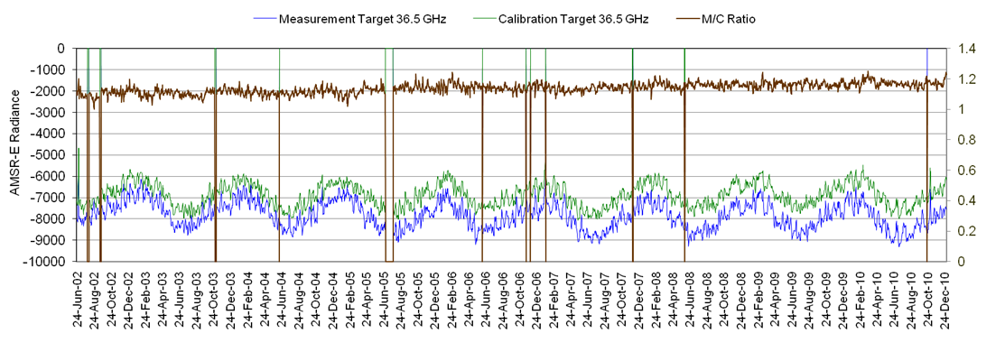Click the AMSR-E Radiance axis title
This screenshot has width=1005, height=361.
pyautogui.click(x=14, y=154)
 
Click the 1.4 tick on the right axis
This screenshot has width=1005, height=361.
pyautogui.click(x=966, y=48)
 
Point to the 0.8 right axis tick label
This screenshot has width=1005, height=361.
pyautogui.click(x=966, y=140)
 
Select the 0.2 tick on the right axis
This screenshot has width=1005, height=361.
pyautogui.click(x=966, y=231)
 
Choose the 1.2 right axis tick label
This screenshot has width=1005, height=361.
pyautogui.click(x=966, y=79)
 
